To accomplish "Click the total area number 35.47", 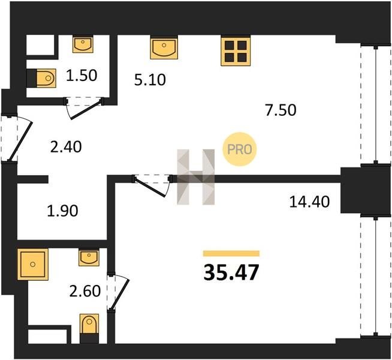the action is point(231,272).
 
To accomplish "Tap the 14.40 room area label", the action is point(309,202).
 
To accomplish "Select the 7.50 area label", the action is point(281,110).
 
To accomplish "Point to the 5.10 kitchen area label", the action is point(150,80).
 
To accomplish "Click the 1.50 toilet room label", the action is point(82,76).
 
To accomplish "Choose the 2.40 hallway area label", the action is point(66,147).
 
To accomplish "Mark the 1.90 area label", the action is point(62,211).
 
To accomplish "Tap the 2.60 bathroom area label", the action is point(85,291).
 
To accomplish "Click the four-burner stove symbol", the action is point(236,51).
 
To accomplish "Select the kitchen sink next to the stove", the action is point(164,47).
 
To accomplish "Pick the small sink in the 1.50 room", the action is point(83,44).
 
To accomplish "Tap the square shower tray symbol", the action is point(33,264).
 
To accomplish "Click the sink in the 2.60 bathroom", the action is point(89,257).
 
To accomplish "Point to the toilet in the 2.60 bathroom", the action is point(89,328).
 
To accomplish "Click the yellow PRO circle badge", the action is point(240,149).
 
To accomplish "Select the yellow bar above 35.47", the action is point(231,254).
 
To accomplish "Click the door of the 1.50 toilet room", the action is point(84,108).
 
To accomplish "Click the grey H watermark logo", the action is point(196,177).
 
